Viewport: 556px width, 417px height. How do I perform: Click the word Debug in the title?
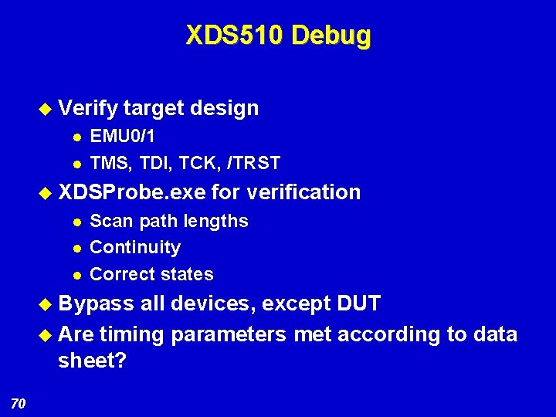(x=332, y=36)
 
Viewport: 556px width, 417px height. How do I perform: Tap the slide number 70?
(x=19, y=402)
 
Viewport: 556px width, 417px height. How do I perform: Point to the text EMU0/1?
(x=122, y=137)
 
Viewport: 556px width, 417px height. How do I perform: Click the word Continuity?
(x=135, y=247)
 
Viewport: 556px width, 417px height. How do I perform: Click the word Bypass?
(x=97, y=303)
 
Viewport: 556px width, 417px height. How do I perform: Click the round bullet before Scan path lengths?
(x=76, y=222)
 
